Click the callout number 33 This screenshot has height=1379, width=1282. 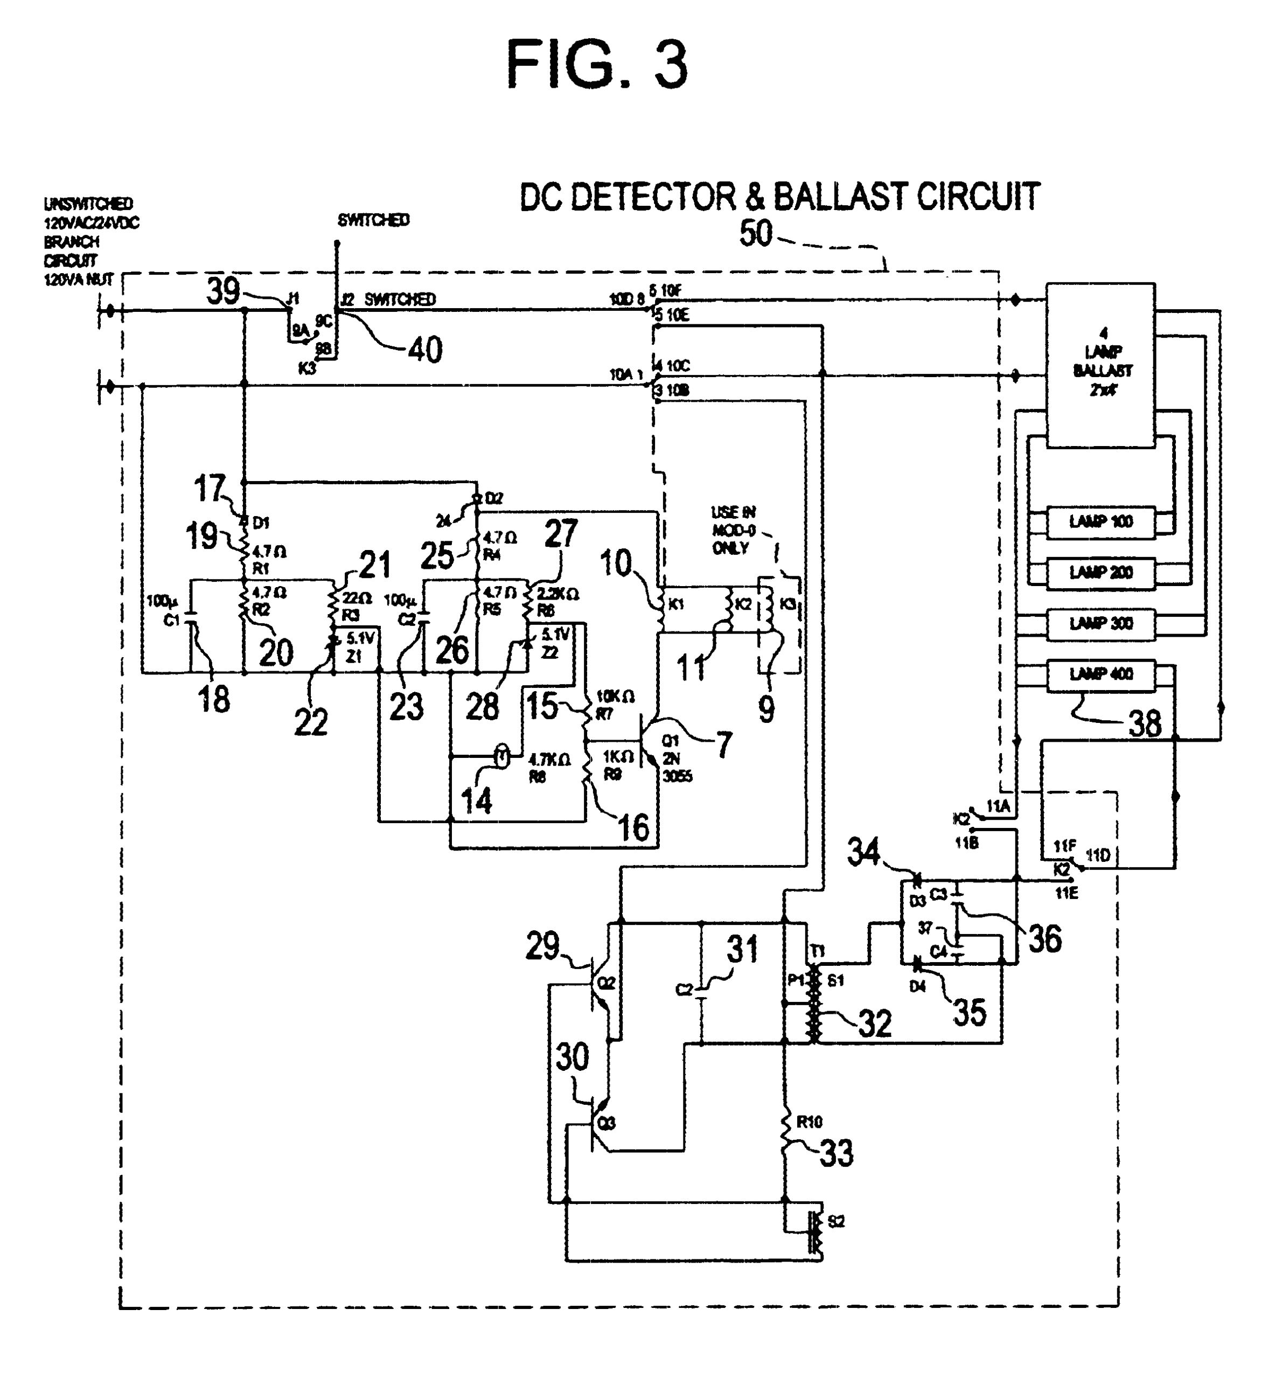836,1153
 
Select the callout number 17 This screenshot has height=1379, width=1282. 210,489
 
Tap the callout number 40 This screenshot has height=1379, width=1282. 424,350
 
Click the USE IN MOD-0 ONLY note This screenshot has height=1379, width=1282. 733,530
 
